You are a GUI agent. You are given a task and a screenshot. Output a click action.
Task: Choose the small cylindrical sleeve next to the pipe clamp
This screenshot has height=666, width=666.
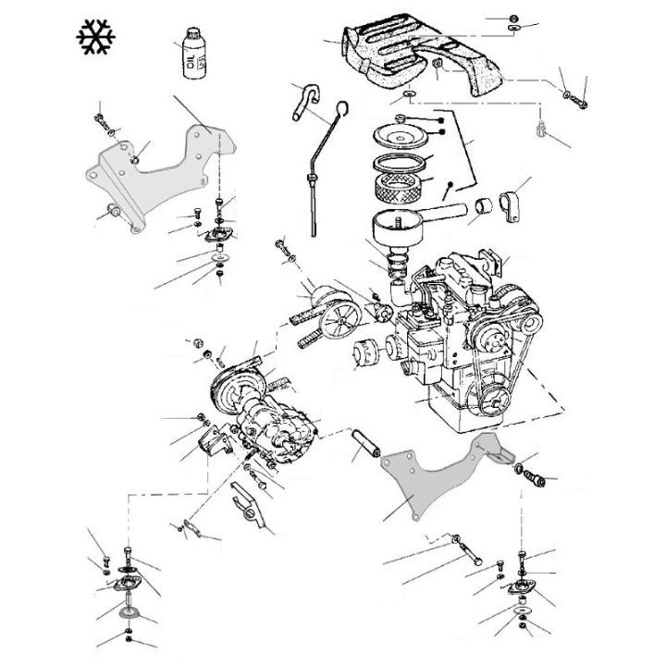(x=486, y=211)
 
